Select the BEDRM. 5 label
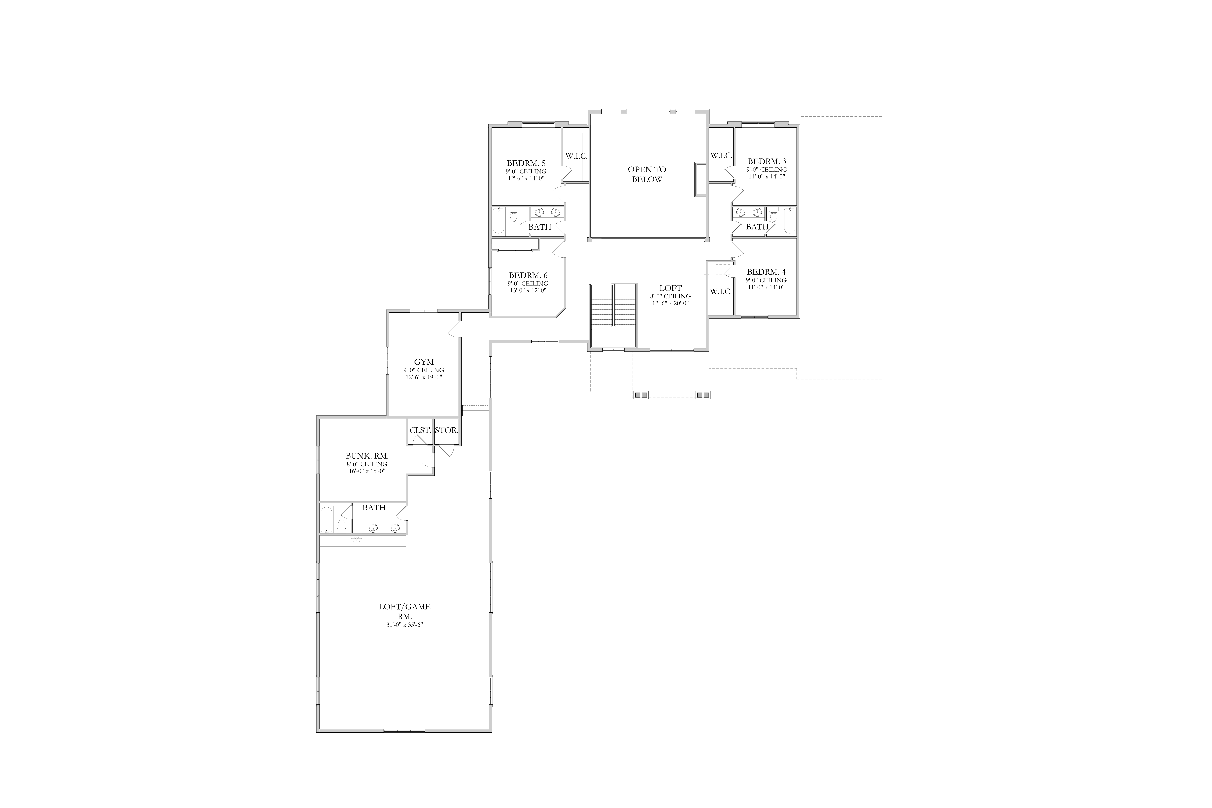[526, 163]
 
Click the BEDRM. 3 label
[767, 161]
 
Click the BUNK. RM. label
[367, 456]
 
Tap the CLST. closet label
[420, 430]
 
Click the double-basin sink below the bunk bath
[356, 541]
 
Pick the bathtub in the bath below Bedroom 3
[789, 222]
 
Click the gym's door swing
[453, 330]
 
